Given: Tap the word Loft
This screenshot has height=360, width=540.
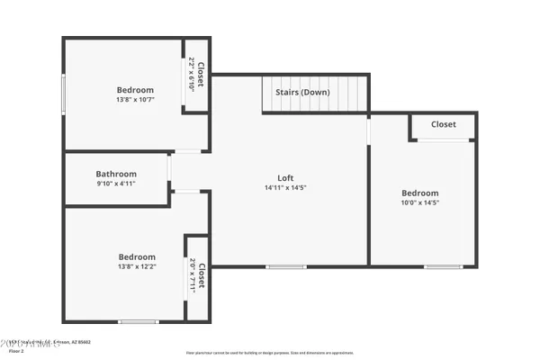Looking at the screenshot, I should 285,178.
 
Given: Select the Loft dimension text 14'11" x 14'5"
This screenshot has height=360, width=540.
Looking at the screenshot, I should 285,188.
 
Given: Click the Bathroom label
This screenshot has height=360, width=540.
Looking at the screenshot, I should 116,174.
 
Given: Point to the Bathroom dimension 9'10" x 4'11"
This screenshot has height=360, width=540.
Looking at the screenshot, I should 116,184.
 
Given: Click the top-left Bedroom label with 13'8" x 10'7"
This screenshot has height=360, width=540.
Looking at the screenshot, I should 135,90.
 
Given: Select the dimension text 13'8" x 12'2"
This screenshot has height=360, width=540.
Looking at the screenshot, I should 137,267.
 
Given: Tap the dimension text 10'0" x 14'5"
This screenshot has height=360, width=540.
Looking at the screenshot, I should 419,202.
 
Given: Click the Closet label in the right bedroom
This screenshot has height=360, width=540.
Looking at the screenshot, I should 443,124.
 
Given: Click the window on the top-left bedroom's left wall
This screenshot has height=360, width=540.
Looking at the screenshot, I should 63,94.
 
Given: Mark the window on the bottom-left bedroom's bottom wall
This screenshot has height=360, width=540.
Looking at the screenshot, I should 139,321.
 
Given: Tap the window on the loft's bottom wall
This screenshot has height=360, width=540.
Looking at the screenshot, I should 286,266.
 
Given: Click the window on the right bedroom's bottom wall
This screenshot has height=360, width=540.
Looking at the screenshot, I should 443,266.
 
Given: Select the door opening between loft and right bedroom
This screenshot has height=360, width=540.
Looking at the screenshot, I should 369,130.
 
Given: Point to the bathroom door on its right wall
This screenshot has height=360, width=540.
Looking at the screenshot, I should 169,167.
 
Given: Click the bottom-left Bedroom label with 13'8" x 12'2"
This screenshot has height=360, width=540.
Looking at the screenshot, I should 137,257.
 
